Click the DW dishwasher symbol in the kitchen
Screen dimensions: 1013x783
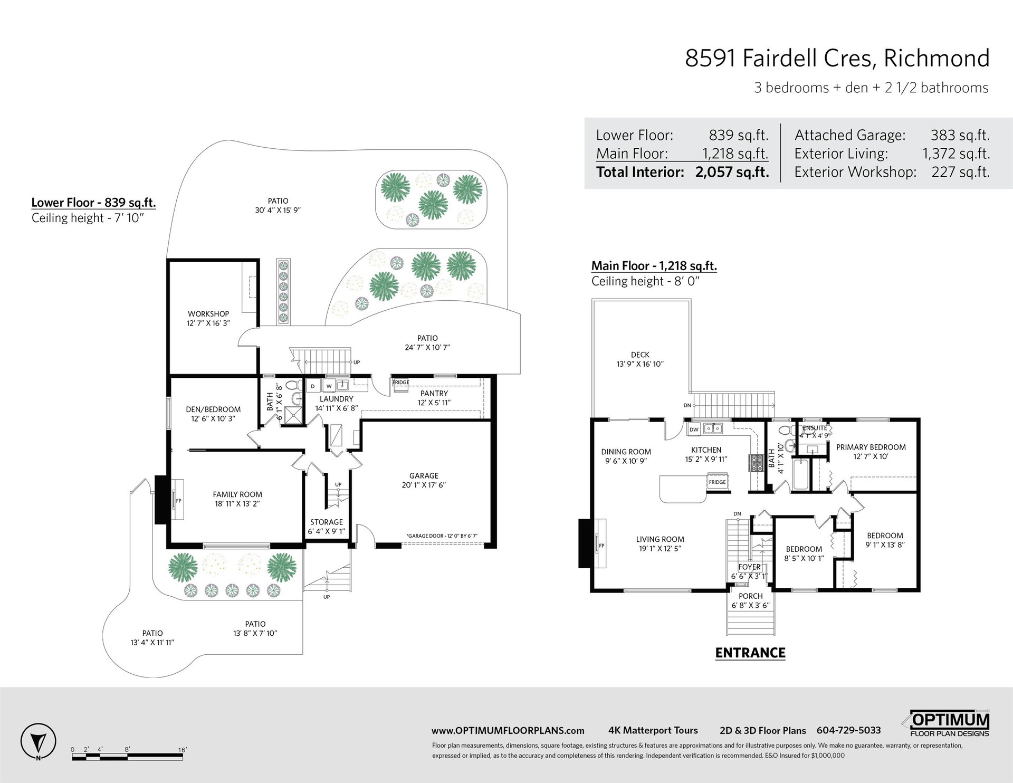pos(694,429)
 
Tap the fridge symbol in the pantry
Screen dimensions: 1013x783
pos(400,386)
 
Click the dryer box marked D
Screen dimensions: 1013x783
pos(312,386)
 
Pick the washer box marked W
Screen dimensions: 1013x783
pos(328,386)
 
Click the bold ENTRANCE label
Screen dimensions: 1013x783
pos(750,653)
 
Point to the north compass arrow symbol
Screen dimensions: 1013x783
pos(38,741)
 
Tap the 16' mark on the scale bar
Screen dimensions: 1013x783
pos(183,749)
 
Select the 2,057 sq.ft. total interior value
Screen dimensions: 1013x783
pos(732,172)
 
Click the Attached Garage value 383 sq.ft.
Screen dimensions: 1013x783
pos(960,135)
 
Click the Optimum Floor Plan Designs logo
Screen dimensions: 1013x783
pos(951,723)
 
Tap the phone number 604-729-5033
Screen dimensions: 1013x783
pos(849,731)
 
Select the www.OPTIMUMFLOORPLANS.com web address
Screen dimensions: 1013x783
pos(508,731)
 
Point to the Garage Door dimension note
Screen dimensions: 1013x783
pos(442,536)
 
